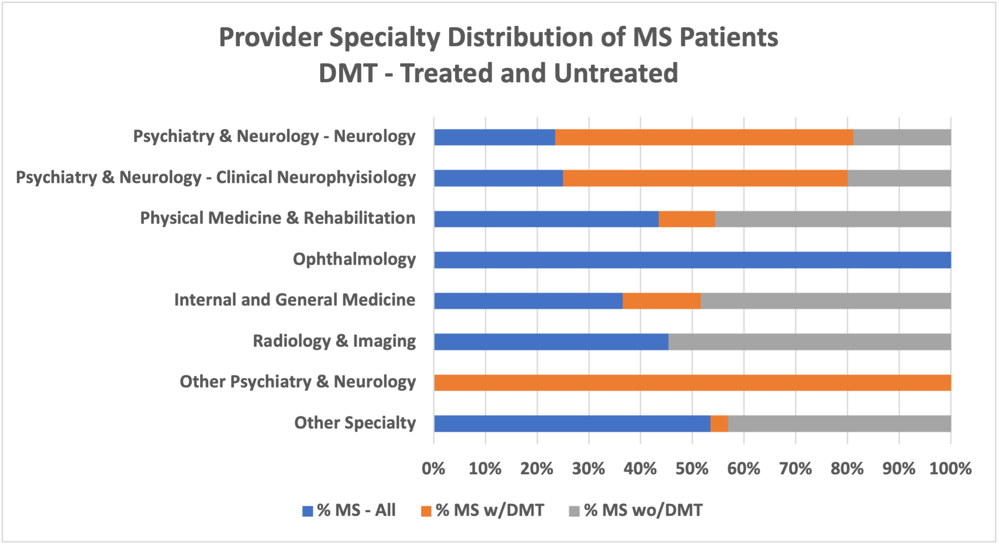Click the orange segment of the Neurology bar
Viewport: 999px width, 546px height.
click(x=704, y=137)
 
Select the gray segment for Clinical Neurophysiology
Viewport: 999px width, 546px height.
click(x=899, y=178)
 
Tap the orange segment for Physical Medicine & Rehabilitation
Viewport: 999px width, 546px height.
click(x=686, y=219)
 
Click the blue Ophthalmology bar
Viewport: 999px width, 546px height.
click(x=692, y=260)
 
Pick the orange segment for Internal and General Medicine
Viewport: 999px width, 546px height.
click(x=661, y=301)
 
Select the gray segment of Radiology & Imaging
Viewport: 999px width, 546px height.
click(x=809, y=342)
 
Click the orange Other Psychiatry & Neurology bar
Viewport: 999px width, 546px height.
click(x=692, y=383)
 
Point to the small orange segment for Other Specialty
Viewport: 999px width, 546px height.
click(x=719, y=424)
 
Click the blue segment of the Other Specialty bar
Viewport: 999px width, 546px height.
click(x=572, y=424)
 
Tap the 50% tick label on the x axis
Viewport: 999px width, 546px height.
click(x=692, y=469)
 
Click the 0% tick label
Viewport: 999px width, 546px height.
click(x=434, y=469)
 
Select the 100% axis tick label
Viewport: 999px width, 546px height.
click(x=950, y=469)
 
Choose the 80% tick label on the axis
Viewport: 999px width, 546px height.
click(x=847, y=469)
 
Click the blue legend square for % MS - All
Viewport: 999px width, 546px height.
click(x=308, y=511)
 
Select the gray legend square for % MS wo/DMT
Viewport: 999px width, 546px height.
click(x=574, y=511)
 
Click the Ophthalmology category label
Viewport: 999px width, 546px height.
click(x=354, y=260)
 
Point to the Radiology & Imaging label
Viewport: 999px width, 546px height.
click(x=334, y=341)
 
